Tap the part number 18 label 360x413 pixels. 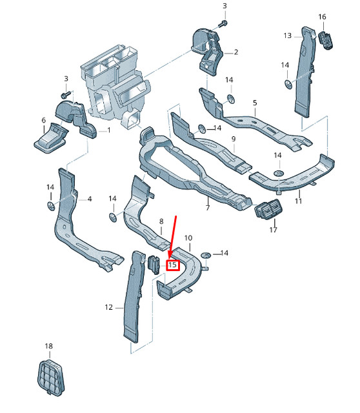48,347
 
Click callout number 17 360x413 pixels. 273,229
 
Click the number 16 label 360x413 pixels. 322,16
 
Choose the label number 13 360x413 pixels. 288,35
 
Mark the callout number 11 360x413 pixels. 299,201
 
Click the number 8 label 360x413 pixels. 161,222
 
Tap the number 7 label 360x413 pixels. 208,208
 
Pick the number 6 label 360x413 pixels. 43,121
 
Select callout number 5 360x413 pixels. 255,103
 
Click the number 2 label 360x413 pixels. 236,52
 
